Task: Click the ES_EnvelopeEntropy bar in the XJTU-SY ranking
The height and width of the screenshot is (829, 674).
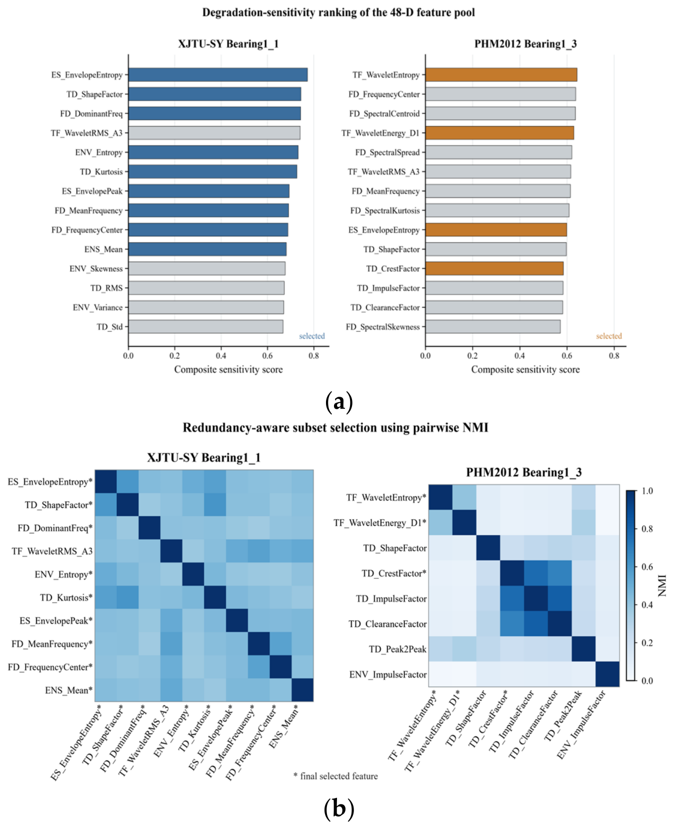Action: (x=218, y=75)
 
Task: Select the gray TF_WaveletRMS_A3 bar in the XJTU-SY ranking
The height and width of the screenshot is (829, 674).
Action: (x=214, y=133)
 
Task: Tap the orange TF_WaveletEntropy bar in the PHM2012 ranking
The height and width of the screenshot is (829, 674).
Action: (x=501, y=75)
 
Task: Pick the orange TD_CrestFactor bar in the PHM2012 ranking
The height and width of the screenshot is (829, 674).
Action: (x=494, y=269)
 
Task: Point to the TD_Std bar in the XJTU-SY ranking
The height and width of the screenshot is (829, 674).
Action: (x=206, y=327)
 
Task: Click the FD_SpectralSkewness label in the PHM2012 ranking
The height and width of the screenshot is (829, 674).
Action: (x=383, y=327)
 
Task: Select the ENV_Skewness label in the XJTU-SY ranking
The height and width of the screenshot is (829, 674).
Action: (x=96, y=269)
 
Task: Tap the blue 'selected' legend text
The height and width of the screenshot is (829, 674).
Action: (x=312, y=336)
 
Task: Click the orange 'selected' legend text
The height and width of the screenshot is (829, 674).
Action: (x=609, y=336)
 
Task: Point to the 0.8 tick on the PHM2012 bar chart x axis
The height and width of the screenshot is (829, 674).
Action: (x=614, y=356)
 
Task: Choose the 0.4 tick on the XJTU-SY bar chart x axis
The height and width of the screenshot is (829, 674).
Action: (x=221, y=356)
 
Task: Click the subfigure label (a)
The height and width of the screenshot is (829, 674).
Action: (x=339, y=402)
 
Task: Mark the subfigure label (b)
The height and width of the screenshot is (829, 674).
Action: (x=339, y=808)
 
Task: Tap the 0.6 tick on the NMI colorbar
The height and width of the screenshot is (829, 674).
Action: (x=647, y=567)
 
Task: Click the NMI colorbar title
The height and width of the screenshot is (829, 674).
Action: (x=663, y=585)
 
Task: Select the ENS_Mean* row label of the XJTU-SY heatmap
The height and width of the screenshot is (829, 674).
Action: (x=69, y=690)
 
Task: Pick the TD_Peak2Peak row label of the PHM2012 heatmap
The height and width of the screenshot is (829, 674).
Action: (x=397, y=649)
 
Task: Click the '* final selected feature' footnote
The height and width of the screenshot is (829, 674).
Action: (x=335, y=776)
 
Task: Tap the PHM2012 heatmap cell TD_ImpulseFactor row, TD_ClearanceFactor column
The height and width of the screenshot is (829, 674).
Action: (x=559, y=598)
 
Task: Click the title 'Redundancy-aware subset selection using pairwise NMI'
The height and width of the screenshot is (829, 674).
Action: (x=335, y=428)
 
